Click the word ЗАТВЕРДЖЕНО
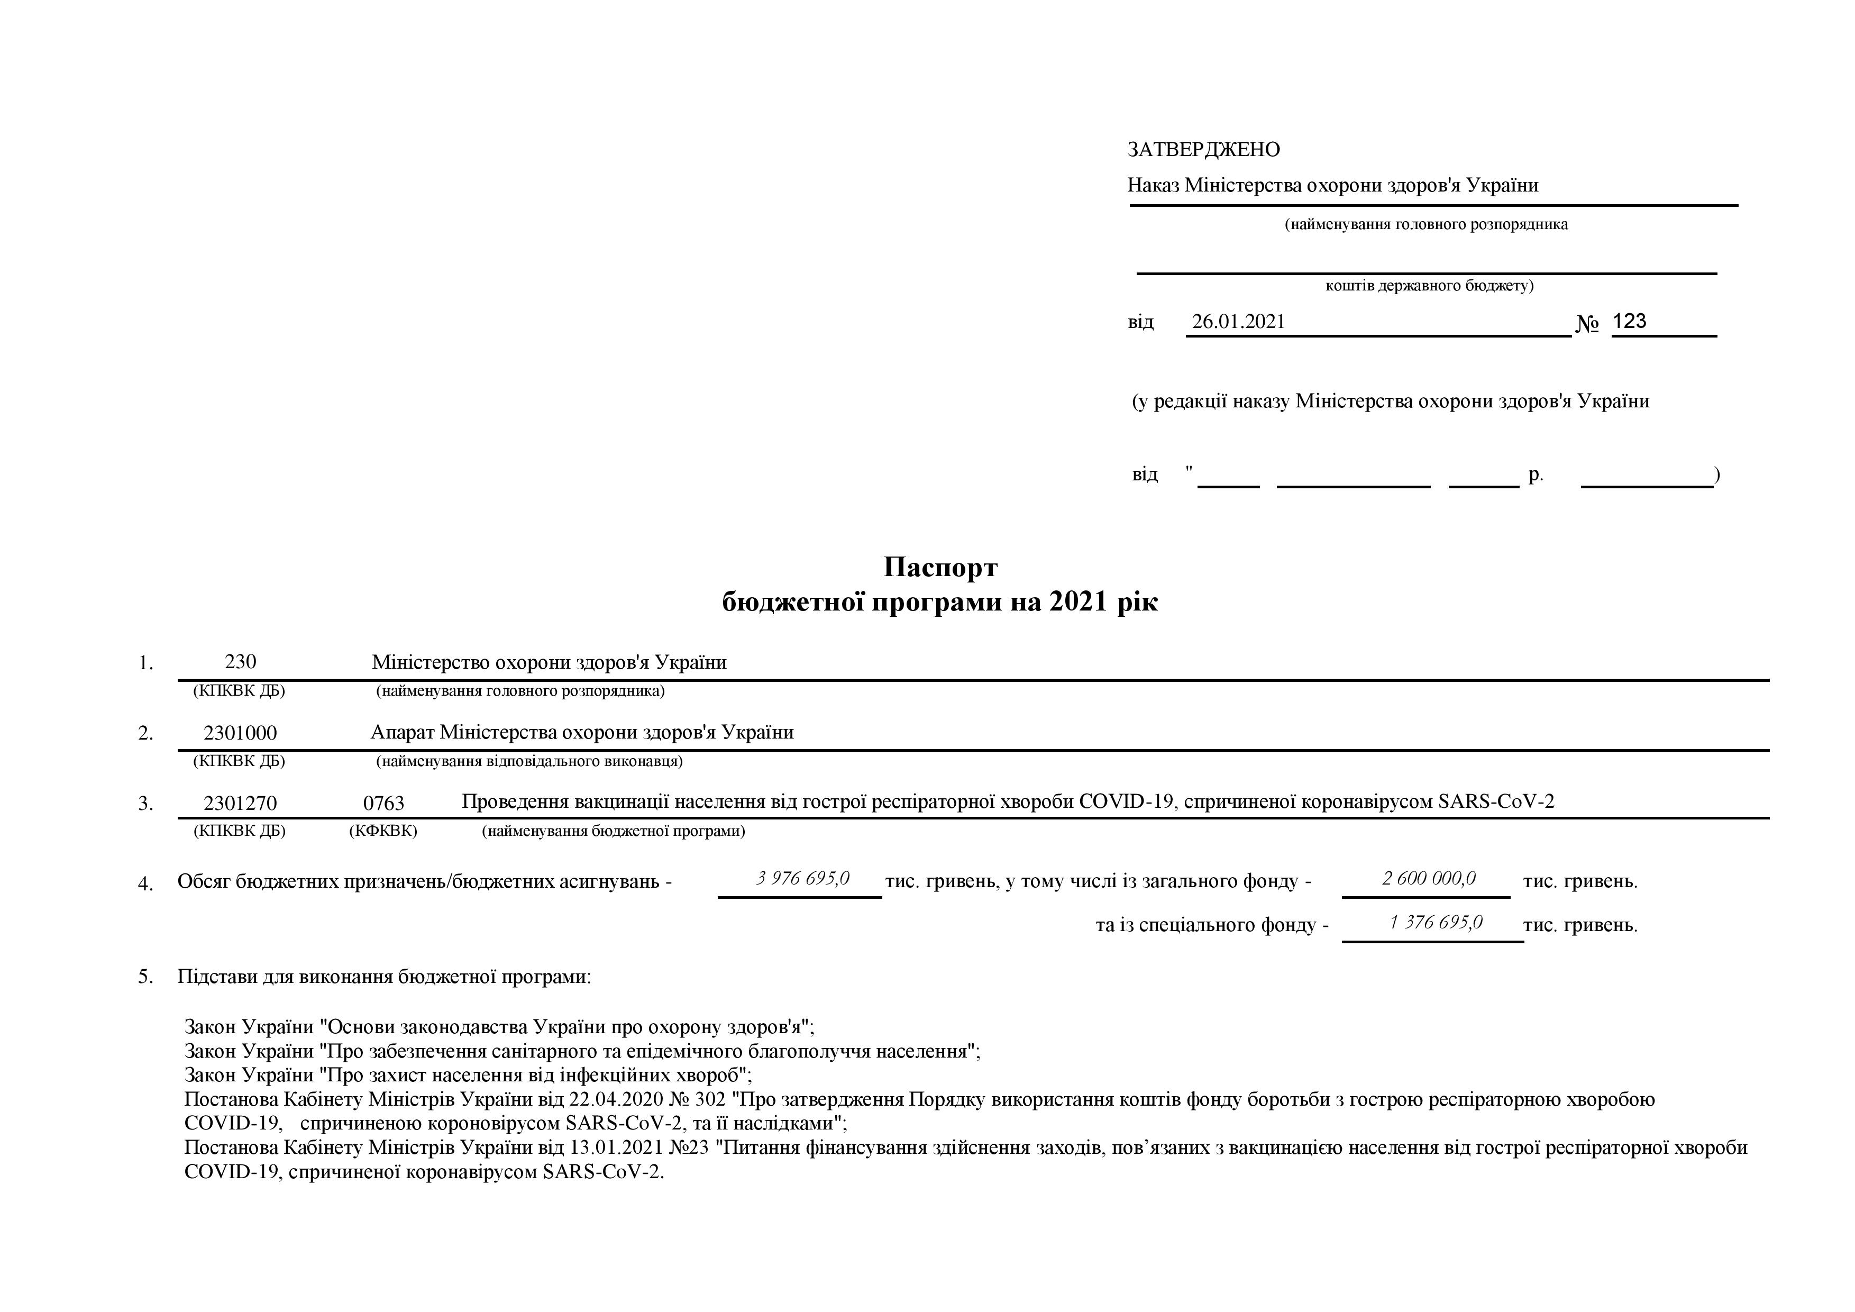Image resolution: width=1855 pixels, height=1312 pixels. (1203, 150)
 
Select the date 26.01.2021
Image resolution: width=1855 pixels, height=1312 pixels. (1238, 322)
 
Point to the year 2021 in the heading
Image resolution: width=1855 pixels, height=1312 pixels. (1078, 603)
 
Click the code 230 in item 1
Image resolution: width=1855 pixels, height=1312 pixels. (240, 662)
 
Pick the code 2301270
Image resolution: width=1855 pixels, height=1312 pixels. (240, 803)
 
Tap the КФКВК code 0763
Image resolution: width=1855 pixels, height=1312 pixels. (384, 803)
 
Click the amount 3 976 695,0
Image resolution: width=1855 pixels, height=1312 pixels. (802, 878)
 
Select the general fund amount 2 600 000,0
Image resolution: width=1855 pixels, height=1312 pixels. (1429, 878)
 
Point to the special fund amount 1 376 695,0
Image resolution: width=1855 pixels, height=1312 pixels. (1435, 923)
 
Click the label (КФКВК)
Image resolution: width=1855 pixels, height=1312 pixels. (383, 831)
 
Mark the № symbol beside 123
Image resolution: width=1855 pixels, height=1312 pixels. (1587, 324)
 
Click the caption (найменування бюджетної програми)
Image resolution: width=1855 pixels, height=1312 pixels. (613, 831)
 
